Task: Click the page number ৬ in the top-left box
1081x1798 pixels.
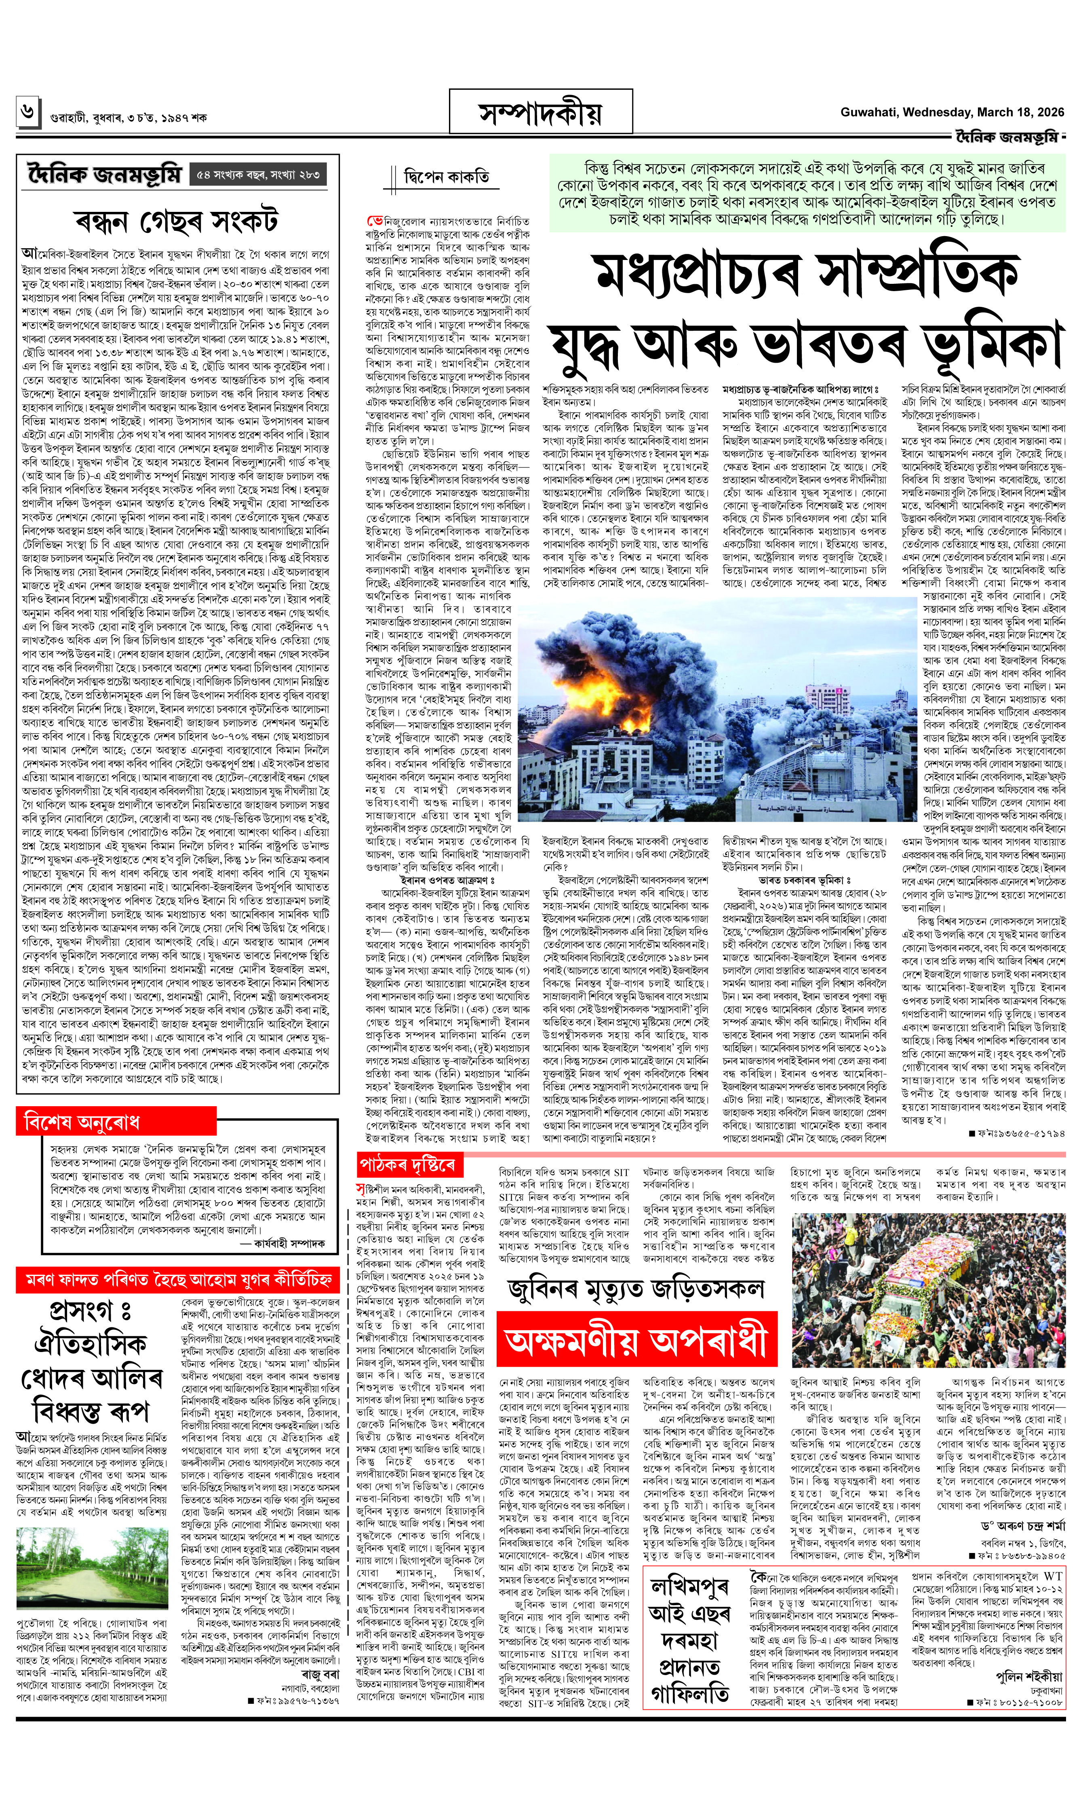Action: [x=27, y=112]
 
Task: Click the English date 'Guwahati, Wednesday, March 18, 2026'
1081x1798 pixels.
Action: [x=951, y=112]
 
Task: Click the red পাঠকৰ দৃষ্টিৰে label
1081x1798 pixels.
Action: [x=409, y=1165]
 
